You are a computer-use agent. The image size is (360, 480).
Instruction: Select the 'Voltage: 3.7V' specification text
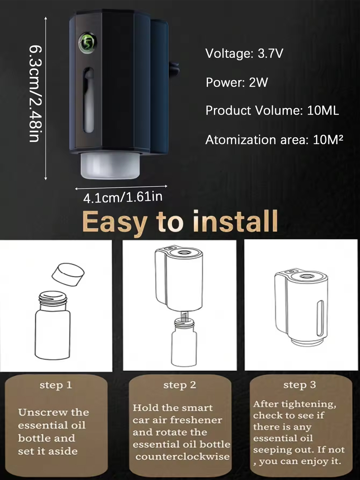click(x=244, y=53)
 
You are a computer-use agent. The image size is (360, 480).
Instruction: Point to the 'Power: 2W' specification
click(x=237, y=83)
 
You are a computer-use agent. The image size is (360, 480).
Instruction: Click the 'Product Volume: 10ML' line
click(x=272, y=110)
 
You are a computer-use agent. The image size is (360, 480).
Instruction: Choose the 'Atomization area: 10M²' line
click(x=274, y=139)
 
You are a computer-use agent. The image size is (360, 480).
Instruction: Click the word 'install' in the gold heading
click(x=235, y=221)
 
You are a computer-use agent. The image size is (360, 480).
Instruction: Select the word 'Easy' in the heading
click(x=115, y=223)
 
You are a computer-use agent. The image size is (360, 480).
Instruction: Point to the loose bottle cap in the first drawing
click(x=68, y=275)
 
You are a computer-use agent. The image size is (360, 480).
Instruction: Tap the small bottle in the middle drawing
click(x=184, y=342)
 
